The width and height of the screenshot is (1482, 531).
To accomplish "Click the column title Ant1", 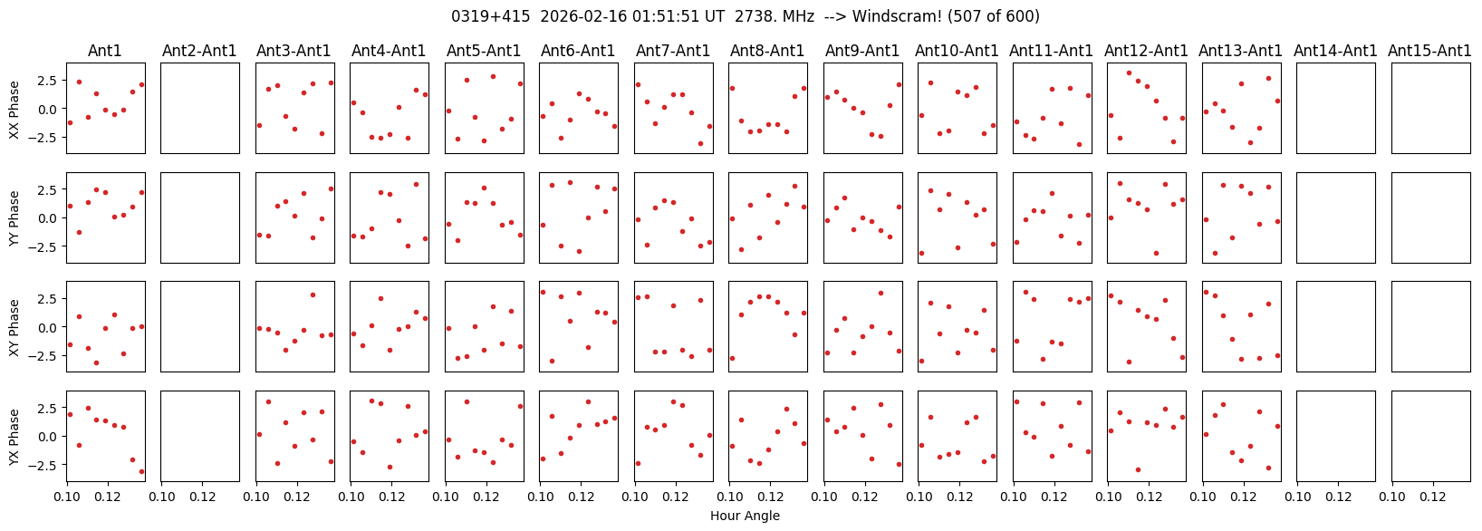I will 105,52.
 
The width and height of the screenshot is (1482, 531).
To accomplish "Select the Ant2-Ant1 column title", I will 199,52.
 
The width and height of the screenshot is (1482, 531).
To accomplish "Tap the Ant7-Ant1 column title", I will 673,52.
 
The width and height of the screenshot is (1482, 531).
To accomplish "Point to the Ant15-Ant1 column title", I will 1429,52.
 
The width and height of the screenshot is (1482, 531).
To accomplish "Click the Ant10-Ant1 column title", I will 957,52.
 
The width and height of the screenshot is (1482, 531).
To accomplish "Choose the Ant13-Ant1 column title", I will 1240,52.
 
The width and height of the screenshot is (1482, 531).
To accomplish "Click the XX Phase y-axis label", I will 14,109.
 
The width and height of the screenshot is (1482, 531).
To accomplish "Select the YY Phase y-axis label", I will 14,218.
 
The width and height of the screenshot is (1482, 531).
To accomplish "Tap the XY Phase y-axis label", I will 14,327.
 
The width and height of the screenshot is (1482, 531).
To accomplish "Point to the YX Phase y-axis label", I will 14,437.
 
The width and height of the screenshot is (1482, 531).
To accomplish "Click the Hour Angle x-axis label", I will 745,517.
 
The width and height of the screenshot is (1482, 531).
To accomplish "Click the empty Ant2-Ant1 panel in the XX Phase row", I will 200,108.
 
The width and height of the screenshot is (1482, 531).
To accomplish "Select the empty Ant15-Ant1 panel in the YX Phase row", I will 1430,436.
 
